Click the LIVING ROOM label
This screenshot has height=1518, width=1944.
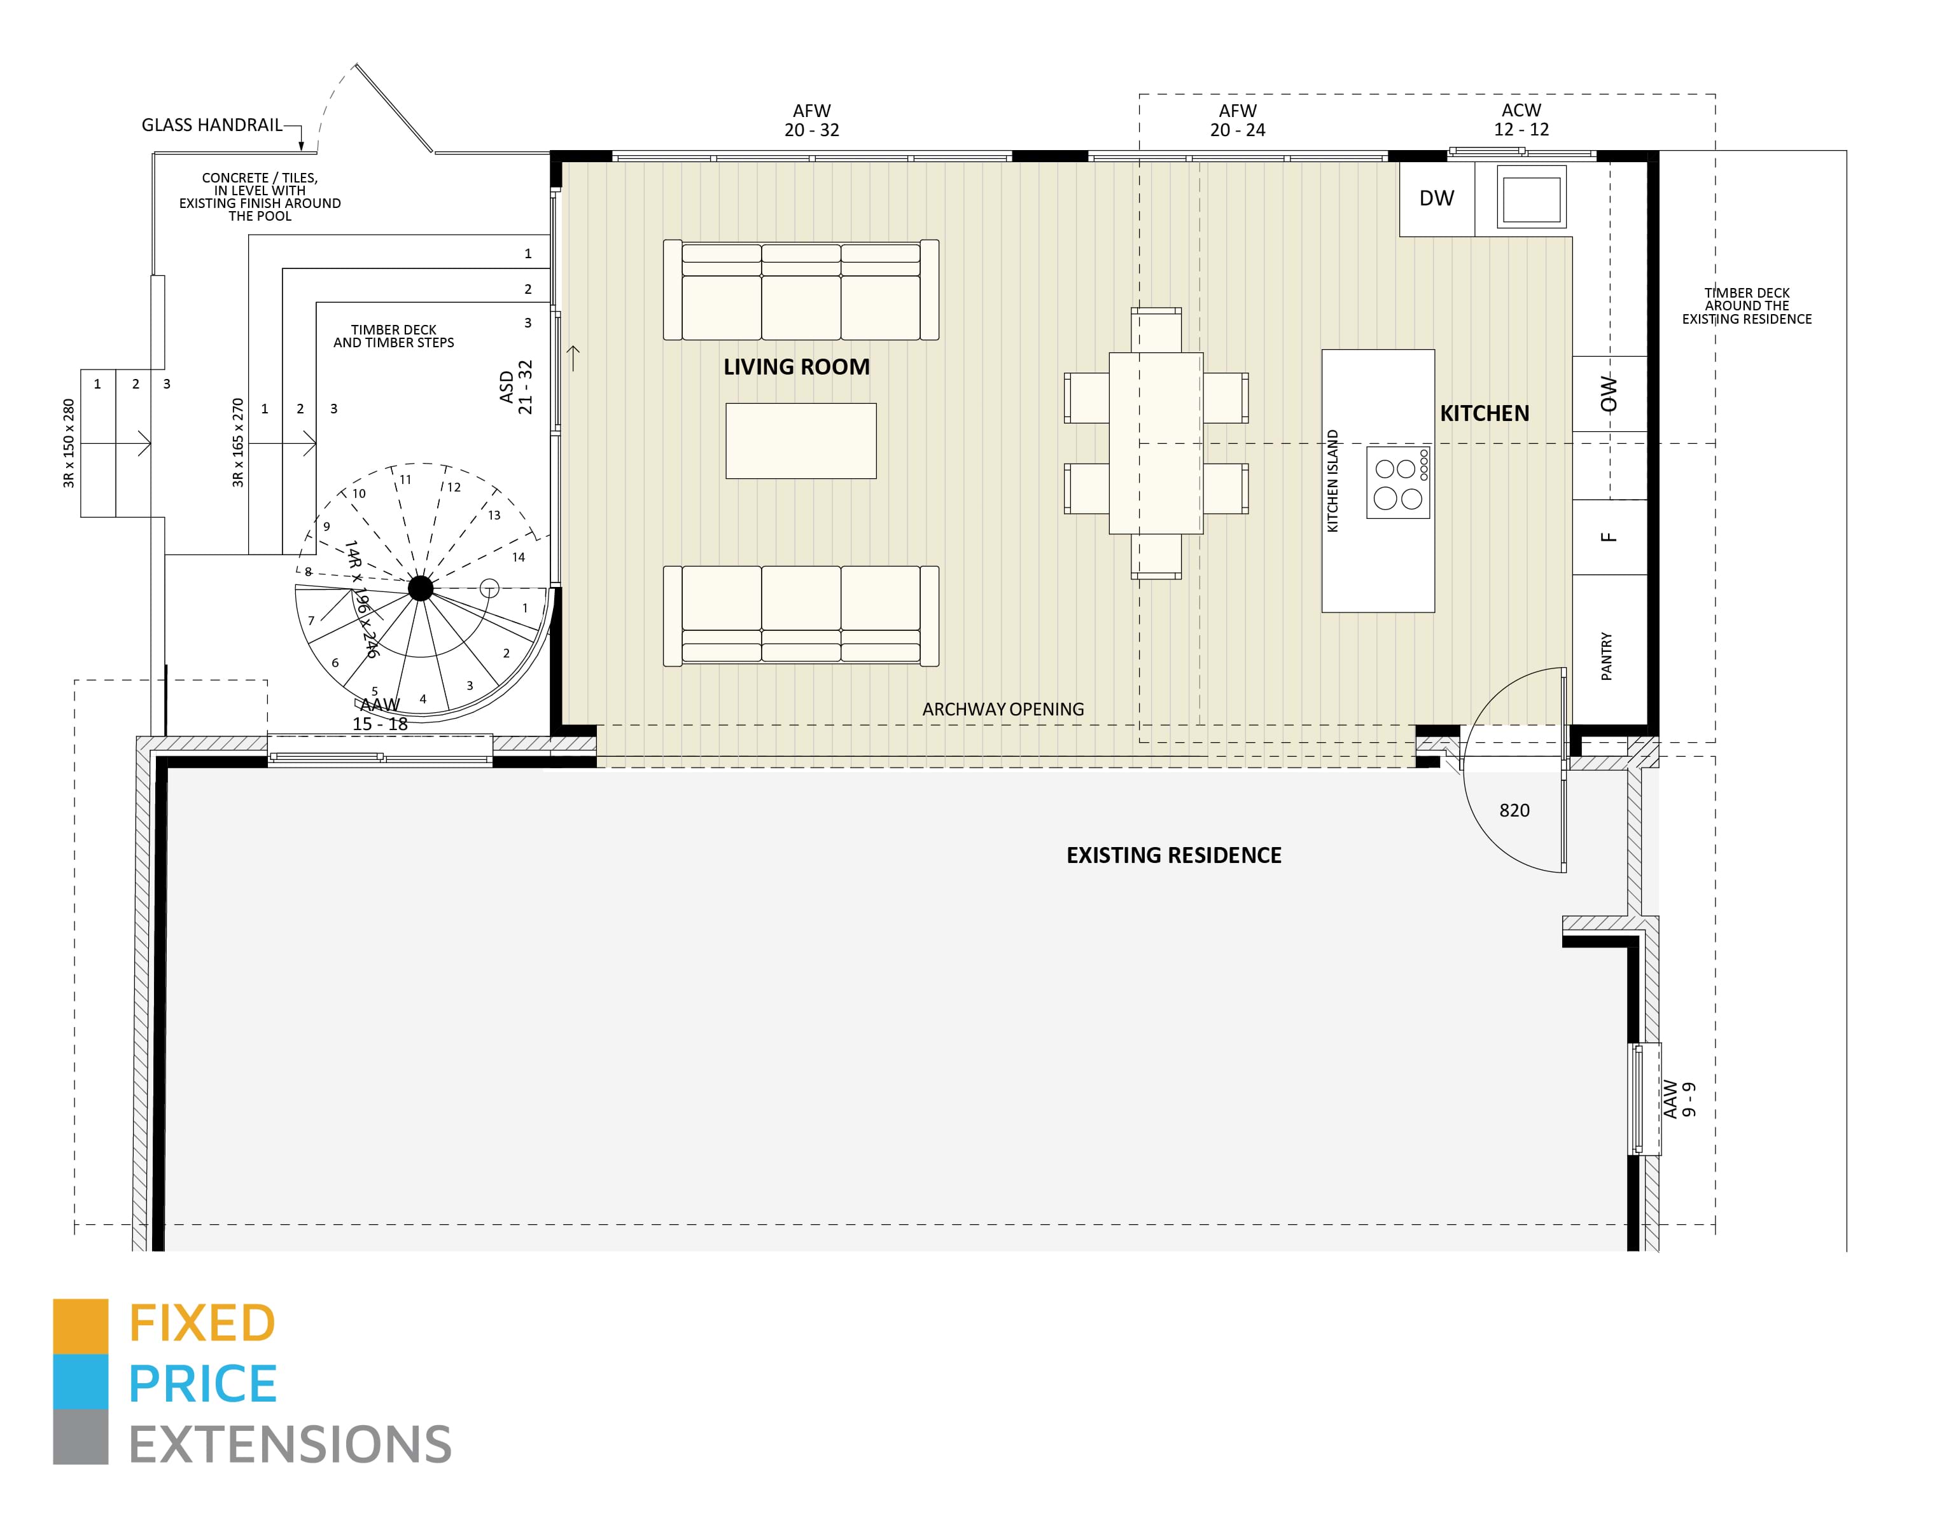pyautogui.click(x=796, y=366)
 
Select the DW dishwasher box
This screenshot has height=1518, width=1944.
pyautogui.click(x=1436, y=198)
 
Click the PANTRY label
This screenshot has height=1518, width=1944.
pyautogui.click(x=1607, y=657)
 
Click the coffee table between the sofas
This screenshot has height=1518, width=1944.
pyautogui.click(x=801, y=441)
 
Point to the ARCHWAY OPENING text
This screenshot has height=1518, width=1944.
pyautogui.click(x=1002, y=709)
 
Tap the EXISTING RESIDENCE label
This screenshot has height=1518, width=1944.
pyautogui.click(x=1173, y=855)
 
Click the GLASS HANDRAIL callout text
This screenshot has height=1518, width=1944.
pyautogui.click(x=211, y=125)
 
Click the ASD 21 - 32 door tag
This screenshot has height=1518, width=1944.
pyautogui.click(x=516, y=387)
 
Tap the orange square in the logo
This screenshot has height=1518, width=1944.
pyautogui.click(x=80, y=1326)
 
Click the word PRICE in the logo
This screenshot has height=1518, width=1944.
pyautogui.click(x=203, y=1384)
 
